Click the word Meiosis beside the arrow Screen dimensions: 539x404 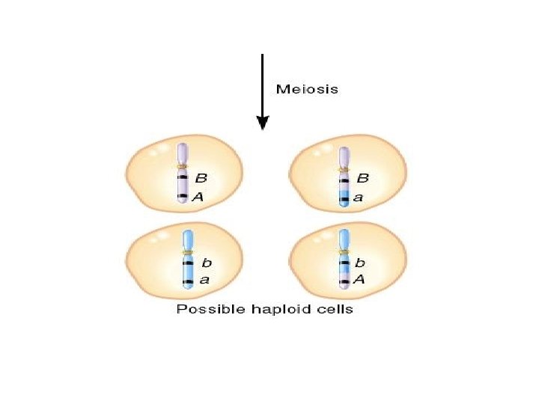pyautogui.click(x=307, y=89)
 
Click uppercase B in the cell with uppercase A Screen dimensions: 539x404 pyautogui.click(x=201, y=179)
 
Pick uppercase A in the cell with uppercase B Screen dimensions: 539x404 pyautogui.click(x=199, y=197)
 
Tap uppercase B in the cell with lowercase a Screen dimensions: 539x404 pyautogui.click(x=363, y=179)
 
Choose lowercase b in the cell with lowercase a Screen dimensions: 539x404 pyautogui.click(x=207, y=263)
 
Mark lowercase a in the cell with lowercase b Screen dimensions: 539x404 pyautogui.click(x=204, y=281)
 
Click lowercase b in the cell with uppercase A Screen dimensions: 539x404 pyautogui.click(x=360, y=263)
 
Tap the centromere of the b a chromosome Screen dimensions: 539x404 pyautogui.click(x=187, y=253)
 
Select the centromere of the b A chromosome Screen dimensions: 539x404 pyautogui.click(x=344, y=253)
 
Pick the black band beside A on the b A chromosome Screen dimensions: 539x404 pyautogui.click(x=344, y=281)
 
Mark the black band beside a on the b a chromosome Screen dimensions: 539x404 pyautogui.click(x=187, y=281)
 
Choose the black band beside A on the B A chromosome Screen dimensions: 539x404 pyautogui.click(x=181, y=198)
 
